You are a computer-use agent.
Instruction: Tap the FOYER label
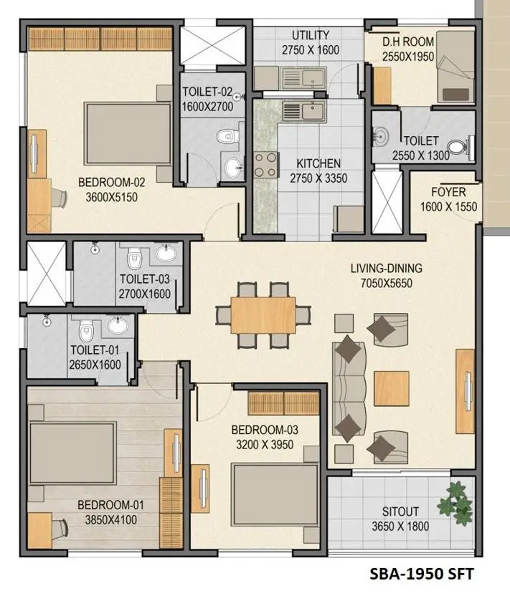(448, 192)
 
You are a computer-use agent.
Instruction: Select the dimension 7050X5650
(386, 283)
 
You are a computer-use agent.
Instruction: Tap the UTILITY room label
(311, 35)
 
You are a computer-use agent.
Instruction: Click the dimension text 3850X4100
(107, 520)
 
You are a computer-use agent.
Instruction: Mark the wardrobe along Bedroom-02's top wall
(100, 39)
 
